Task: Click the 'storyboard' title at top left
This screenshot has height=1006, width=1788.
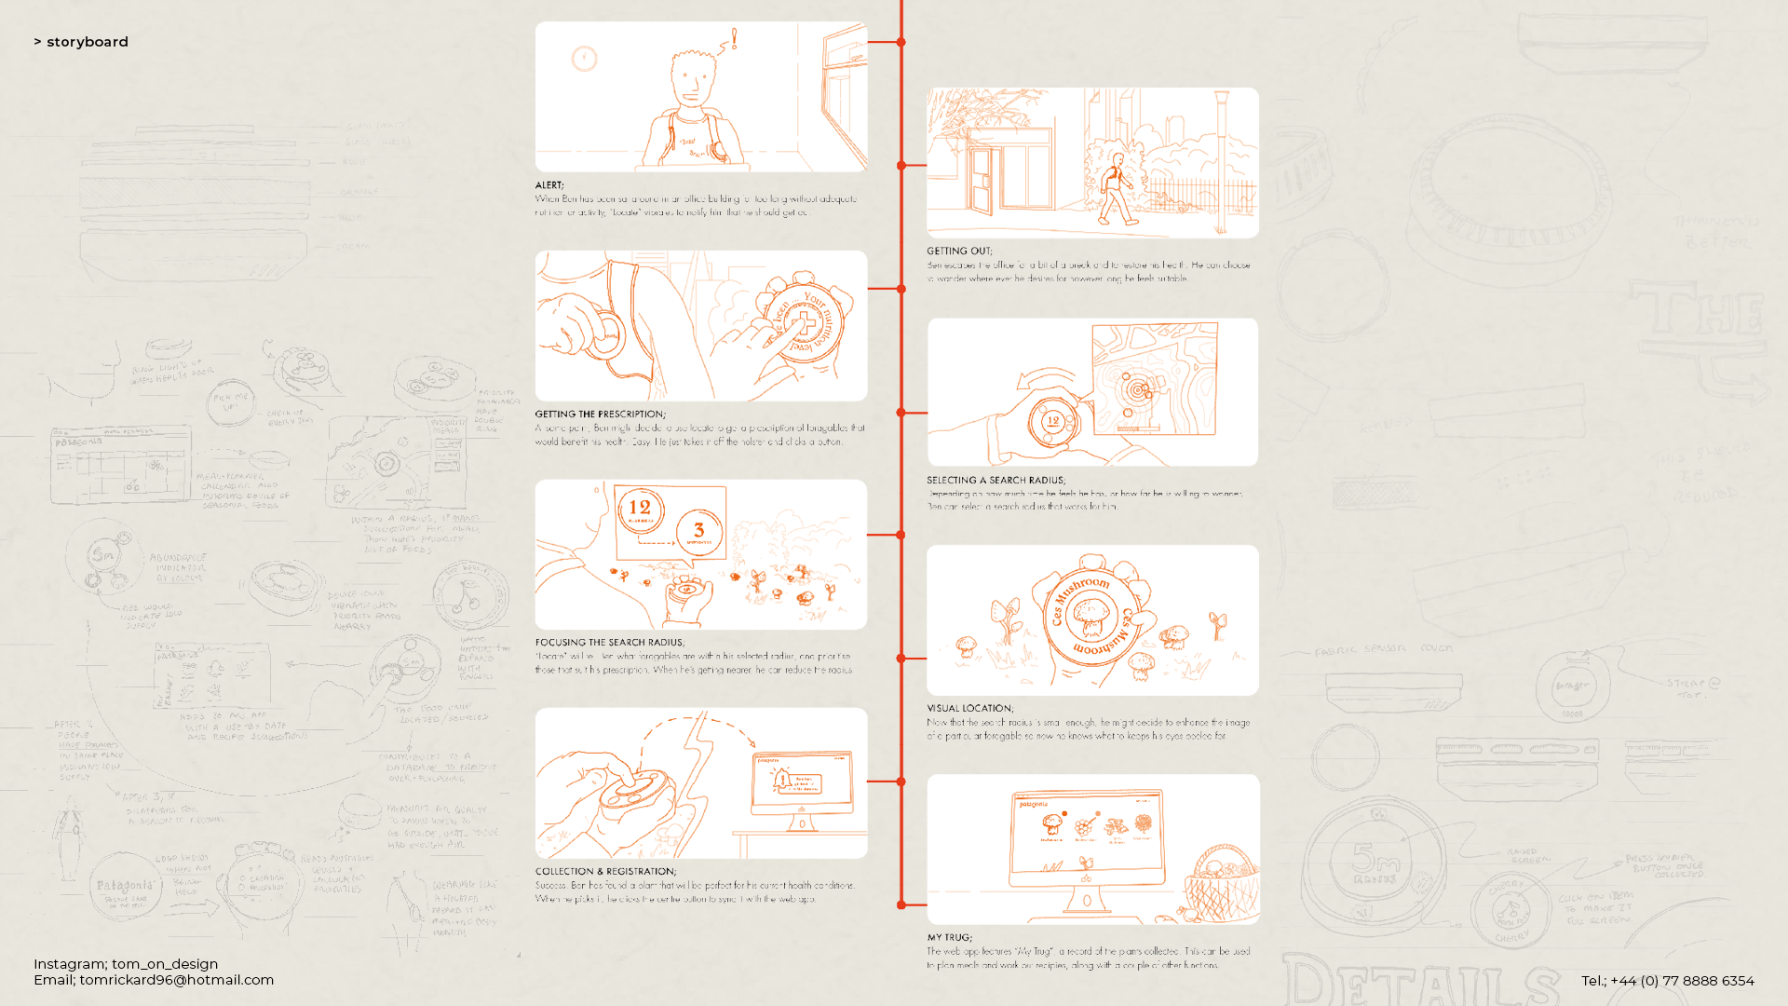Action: click(87, 42)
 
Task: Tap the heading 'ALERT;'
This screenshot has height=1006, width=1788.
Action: click(549, 185)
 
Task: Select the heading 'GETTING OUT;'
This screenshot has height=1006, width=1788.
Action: click(959, 251)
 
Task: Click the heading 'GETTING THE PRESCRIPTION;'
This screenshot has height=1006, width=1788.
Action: click(600, 415)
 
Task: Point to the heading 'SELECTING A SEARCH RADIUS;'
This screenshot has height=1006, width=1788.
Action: click(996, 481)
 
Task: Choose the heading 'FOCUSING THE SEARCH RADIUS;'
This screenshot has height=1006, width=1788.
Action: click(609, 643)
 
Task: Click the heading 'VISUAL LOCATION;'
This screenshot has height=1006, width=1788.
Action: click(969, 709)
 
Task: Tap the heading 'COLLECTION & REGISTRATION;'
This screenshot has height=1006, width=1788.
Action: click(604, 872)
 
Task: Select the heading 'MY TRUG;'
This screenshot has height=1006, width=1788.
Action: click(949, 938)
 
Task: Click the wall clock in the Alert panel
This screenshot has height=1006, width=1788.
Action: click(584, 59)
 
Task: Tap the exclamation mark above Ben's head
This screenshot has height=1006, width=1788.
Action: click(734, 38)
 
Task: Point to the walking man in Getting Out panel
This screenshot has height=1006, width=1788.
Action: click(1117, 190)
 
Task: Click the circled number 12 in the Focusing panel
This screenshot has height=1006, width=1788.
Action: click(640, 510)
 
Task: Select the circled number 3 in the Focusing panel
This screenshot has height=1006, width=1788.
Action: click(698, 533)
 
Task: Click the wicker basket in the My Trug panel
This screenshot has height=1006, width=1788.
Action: click(1221, 885)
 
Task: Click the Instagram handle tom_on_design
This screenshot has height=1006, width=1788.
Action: click(165, 964)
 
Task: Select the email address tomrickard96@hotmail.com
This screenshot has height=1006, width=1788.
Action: click(176, 980)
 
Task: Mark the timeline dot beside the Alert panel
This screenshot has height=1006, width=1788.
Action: click(901, 42)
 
